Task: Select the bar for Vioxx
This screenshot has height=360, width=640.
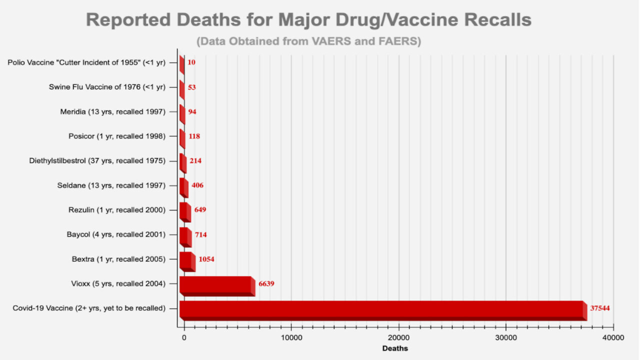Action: [216, 285]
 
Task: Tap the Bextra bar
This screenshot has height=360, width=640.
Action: [186, 261]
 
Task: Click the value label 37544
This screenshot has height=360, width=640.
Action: [599, 308]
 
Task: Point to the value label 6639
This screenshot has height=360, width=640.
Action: [266, 284]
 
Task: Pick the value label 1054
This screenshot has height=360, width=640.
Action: [206, 259]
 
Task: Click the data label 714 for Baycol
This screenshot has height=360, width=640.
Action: [201, 235]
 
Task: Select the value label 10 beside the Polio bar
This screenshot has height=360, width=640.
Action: [191, 62]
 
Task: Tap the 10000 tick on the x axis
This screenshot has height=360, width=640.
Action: [291, 338]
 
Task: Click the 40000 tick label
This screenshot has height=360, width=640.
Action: [613, 338]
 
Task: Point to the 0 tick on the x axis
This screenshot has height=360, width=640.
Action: [184, 338]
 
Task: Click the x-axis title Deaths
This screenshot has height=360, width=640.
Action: [395, 348]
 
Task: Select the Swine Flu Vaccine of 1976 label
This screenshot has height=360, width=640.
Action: [107, 87]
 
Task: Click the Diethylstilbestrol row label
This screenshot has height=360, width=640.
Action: [97, 161]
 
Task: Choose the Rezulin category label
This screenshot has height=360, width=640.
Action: [116, 210]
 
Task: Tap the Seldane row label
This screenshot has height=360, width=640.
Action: [111, 185]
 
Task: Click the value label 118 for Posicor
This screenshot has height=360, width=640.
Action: [194, 136]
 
